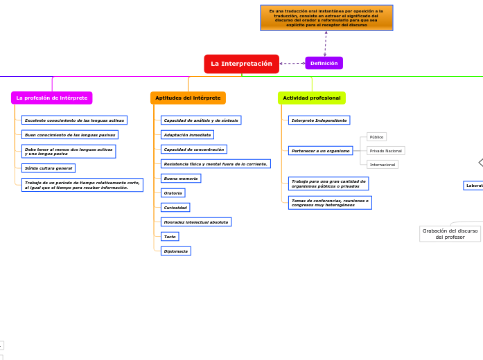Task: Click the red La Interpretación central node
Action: click(x=241, y=64)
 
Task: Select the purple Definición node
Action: click(x=324, y=63)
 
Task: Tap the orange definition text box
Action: click(x=326, y=18)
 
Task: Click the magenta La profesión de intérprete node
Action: click(x=52, y=98)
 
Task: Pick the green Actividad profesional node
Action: click(x=312, y=98)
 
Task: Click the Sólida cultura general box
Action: click(x=49, y=168)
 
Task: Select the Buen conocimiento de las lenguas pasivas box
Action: click(x=70, y=134)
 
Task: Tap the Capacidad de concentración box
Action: click(x=193, y=149)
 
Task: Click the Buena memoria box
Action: click(x=180, y=178)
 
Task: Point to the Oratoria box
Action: click(x=173, y=192)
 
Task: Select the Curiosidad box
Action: click(x=175, y=207)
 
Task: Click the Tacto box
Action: click(x=170, y=236)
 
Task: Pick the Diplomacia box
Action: click(x=175, y=251)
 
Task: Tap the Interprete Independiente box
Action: click(x=319, y=120)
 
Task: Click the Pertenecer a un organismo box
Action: click(x=320, y=150)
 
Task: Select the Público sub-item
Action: click(x=376, y=137)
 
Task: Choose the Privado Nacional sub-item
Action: click(x=385, y=150)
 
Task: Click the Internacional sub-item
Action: click(x=383, y=165)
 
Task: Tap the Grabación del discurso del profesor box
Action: click(x=450, y=234)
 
